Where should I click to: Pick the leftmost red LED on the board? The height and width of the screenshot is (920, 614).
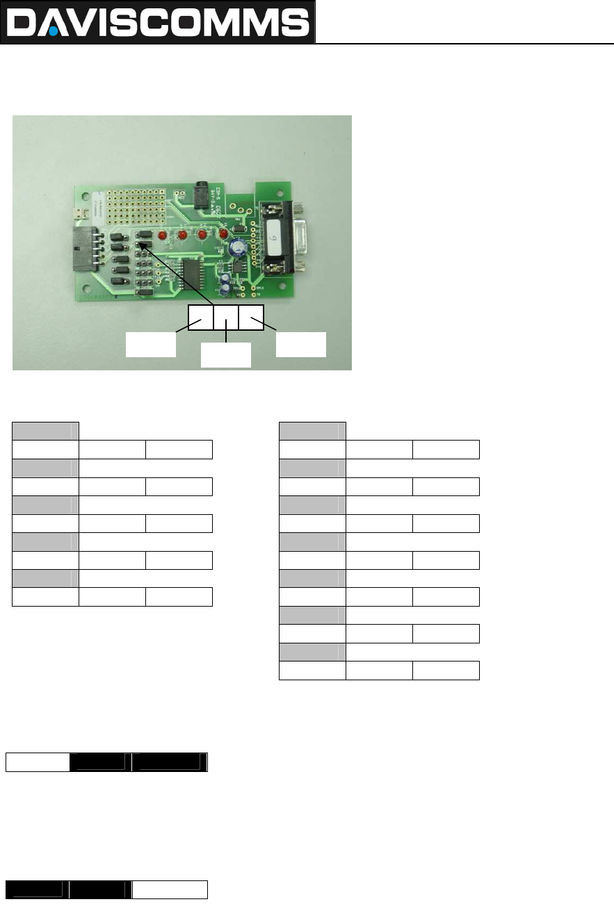(x=161, y=236)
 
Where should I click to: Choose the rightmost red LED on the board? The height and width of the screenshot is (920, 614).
(x=223, y=234)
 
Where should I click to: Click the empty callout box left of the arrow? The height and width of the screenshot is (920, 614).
(x=150, y=344)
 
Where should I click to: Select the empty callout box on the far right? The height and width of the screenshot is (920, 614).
(x=300, y=344)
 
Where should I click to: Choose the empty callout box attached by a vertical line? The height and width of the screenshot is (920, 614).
(x=225, y=355)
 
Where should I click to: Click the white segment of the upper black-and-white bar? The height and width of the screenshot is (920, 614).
(x=38, y=762)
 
